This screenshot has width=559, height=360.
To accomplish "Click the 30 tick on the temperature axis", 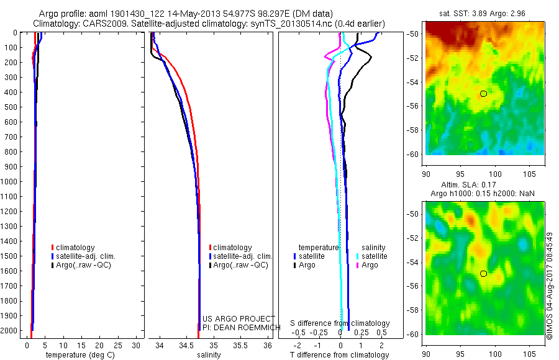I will (137, 344).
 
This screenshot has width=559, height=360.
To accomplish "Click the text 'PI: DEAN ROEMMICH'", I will (238, 327).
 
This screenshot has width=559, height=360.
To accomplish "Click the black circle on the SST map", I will (483, 93).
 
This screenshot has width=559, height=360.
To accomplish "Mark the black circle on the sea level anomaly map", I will (483, 273).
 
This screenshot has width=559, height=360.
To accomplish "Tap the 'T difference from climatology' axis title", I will (339, 355).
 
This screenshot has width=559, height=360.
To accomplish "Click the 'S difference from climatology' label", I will (340, 323).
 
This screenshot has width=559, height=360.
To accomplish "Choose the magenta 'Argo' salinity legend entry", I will (370, 265).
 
